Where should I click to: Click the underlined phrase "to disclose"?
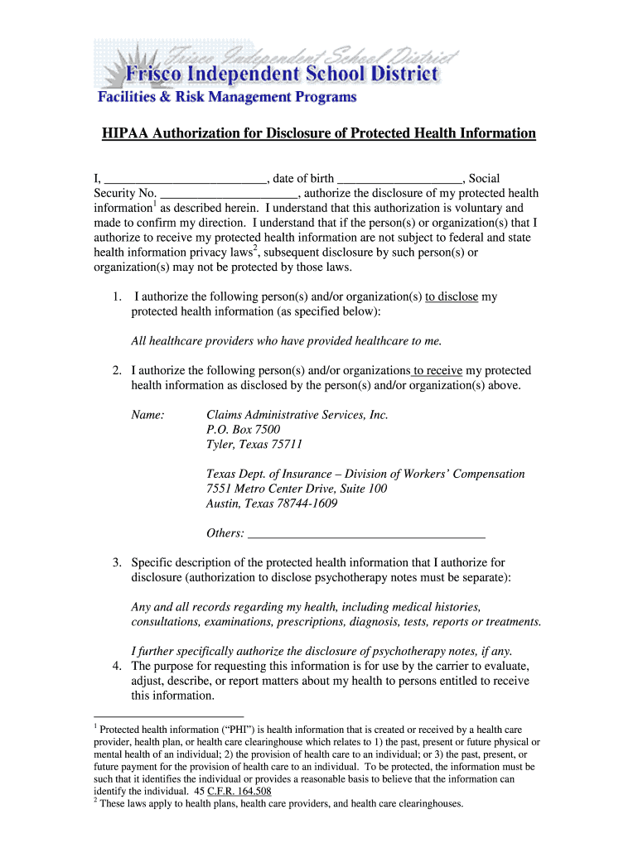[452, 296]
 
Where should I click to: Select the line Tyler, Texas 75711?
[249, 445]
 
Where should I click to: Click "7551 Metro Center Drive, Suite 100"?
[296, 489]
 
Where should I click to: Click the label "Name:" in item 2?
[148, 415]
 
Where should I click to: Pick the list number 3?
[118, 563]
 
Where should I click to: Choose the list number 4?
[118, 666]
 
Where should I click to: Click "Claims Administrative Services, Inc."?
[297, 415]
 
